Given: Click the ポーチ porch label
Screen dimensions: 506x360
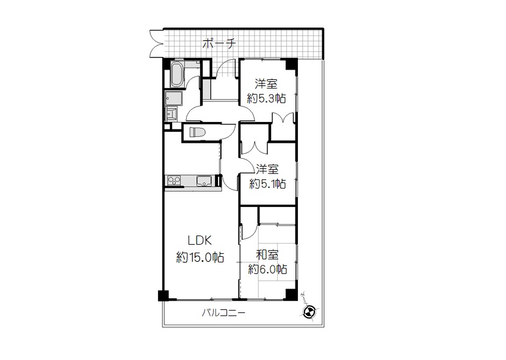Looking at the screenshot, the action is (219, 43).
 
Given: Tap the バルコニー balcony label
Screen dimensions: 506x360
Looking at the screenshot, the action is (223, 313).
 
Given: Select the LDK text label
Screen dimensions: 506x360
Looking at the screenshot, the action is (200, 240).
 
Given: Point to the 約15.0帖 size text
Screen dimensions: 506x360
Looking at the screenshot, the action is (200, 257).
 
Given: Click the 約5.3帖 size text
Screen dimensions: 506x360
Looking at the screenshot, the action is (267, 98).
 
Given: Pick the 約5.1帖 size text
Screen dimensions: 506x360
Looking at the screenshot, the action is (267, 184).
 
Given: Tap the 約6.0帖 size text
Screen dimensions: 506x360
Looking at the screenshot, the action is (267, 269).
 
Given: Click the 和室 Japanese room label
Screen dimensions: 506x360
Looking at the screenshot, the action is (267, 255).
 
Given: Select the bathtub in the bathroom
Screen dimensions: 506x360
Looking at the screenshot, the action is (177, 74).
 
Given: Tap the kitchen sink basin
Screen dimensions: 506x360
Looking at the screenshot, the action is (204, 181).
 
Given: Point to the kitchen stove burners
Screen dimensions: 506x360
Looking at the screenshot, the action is (173, 181).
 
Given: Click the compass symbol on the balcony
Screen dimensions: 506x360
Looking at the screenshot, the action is (309, 312).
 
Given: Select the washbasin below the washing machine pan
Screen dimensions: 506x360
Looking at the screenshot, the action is (171, 114).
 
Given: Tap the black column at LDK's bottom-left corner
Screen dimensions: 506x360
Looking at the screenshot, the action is (164, 295).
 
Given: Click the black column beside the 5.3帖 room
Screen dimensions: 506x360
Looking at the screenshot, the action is (291, 64).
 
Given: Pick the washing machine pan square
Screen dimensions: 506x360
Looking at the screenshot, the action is (173, 98).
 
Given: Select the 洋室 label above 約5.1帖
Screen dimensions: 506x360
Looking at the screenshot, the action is (267, 170).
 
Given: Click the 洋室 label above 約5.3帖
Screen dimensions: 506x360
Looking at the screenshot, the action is (266, 84).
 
